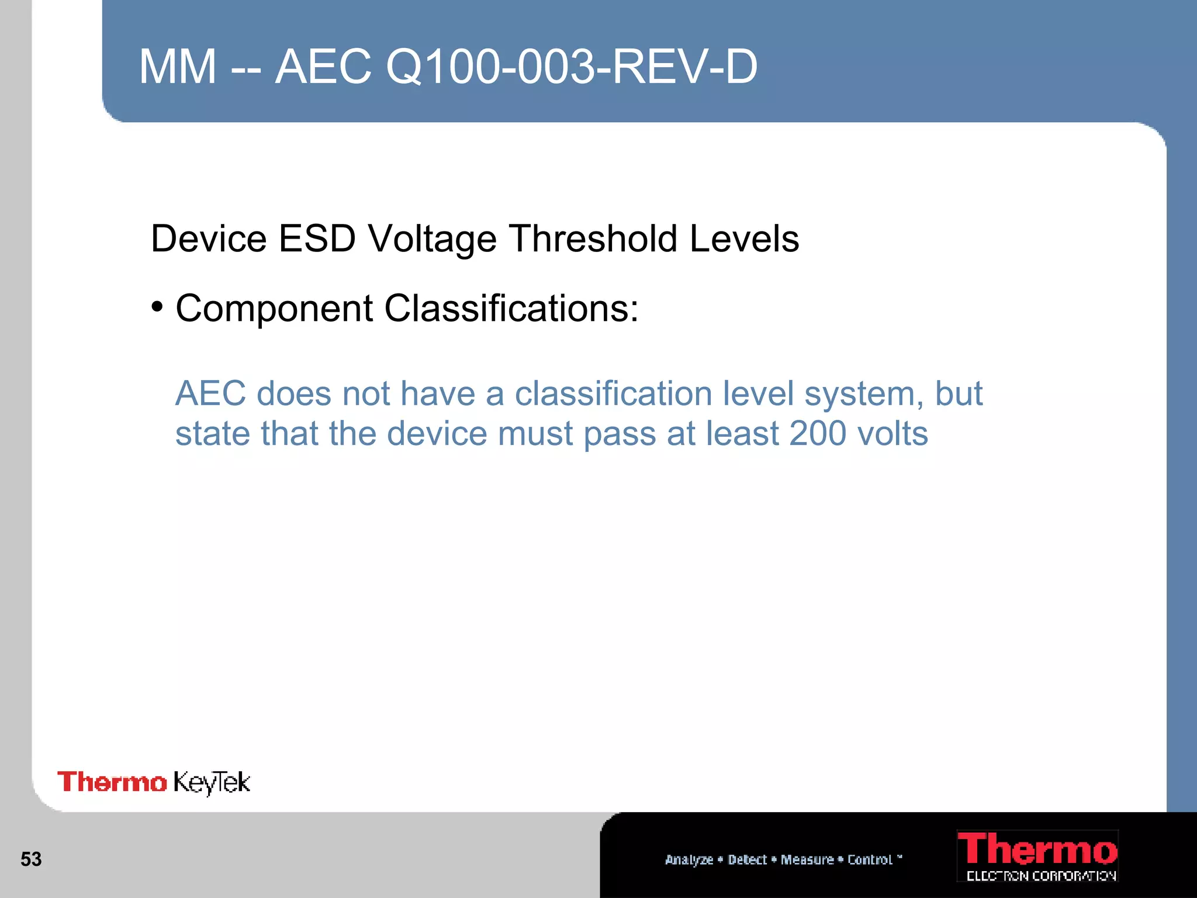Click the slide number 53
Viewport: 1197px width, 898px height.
click(x=31, y=859)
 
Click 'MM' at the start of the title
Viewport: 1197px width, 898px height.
click(x=178, y=67)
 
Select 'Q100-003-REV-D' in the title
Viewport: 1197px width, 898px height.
click(x=571, y=67)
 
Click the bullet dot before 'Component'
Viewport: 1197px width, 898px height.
click(x=157, y=306)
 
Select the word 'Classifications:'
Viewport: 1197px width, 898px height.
click(x=511, y=308)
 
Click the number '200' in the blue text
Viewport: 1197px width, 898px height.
click(x=817, y=433)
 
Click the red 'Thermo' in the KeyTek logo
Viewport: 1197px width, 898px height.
click(x=112, y=782)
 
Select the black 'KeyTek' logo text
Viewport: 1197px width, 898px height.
click(x=212, y=783)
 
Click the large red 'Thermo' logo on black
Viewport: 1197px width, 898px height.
click(x=1037, y=849)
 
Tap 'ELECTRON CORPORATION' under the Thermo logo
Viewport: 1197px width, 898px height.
click(x=1041, y=876)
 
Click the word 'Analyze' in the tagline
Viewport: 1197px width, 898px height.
click(x=689, y=860)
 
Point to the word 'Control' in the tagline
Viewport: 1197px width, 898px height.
click(x=870, y=859)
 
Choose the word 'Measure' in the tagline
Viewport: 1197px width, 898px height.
click(x=807, y=859)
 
